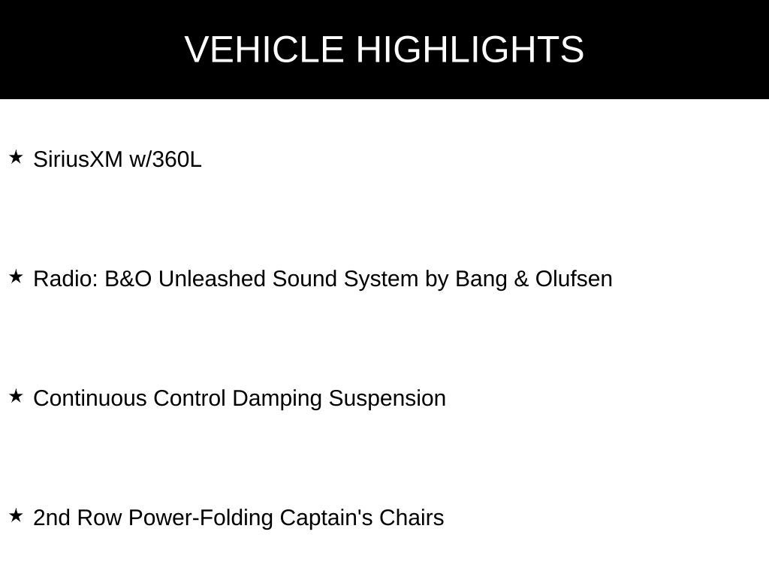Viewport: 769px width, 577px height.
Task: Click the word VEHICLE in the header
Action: [x=264, y=49]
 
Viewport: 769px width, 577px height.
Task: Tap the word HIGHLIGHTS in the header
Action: [x=470, y=49]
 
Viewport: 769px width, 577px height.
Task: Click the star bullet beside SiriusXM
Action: [x=17, y=158]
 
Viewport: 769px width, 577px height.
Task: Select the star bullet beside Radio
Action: [x=17, y=276]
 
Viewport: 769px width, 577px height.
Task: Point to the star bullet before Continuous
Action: [x=17, y=396]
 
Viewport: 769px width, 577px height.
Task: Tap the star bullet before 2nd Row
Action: [x=17, y=515]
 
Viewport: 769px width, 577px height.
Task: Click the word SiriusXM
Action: [x=78, y=159]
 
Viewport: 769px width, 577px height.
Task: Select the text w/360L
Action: [x=165, y=159]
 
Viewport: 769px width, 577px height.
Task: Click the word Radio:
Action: [x=66, y=279]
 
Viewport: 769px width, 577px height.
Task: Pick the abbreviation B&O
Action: [x=128, y=279]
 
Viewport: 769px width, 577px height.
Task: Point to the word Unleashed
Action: [x=212, y=279]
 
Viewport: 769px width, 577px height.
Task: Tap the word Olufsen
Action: [x=574, y=279]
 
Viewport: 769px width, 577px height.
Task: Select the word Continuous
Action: [x=90, y=398]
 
